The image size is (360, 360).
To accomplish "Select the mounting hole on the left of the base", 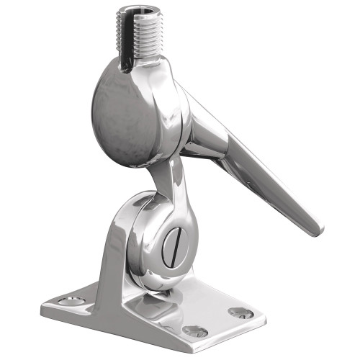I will point(69,296).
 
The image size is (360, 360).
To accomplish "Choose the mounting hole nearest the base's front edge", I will point(193,331).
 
